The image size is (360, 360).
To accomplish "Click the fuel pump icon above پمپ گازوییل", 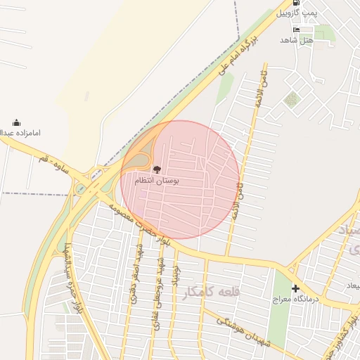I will [295, 3].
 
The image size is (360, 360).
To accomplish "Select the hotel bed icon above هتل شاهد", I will [296, 30].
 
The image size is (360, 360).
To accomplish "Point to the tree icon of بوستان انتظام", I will [157, 169].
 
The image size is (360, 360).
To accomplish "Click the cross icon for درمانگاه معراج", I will [295, 288].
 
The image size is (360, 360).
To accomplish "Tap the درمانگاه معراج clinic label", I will [296, 300].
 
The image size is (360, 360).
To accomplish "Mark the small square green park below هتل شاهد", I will [291, 99].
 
